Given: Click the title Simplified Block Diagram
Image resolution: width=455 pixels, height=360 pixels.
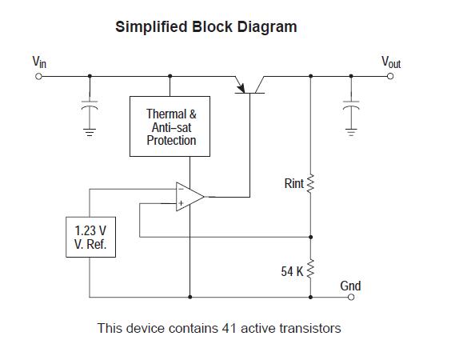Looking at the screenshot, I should coord(206,26).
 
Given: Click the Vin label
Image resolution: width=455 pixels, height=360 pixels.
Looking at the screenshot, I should coord(38,61).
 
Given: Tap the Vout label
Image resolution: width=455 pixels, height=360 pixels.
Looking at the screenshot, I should coord(390,62).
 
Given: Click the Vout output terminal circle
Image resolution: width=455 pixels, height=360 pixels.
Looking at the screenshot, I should coord(390,76).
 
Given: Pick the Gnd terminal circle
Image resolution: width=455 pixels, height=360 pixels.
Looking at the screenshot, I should coord(350,297).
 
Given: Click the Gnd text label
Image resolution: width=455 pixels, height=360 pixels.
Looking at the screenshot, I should coord(350,286).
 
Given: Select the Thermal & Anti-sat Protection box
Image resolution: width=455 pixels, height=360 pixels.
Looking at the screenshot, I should coord(171,127).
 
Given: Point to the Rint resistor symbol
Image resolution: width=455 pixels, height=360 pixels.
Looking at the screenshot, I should coord(311,184).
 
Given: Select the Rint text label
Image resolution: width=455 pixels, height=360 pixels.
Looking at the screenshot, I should coord(293,184).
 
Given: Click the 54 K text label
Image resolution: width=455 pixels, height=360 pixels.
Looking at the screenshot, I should coord(292,271).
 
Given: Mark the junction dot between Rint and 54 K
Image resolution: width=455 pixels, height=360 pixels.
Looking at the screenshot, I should coord(311,237).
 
